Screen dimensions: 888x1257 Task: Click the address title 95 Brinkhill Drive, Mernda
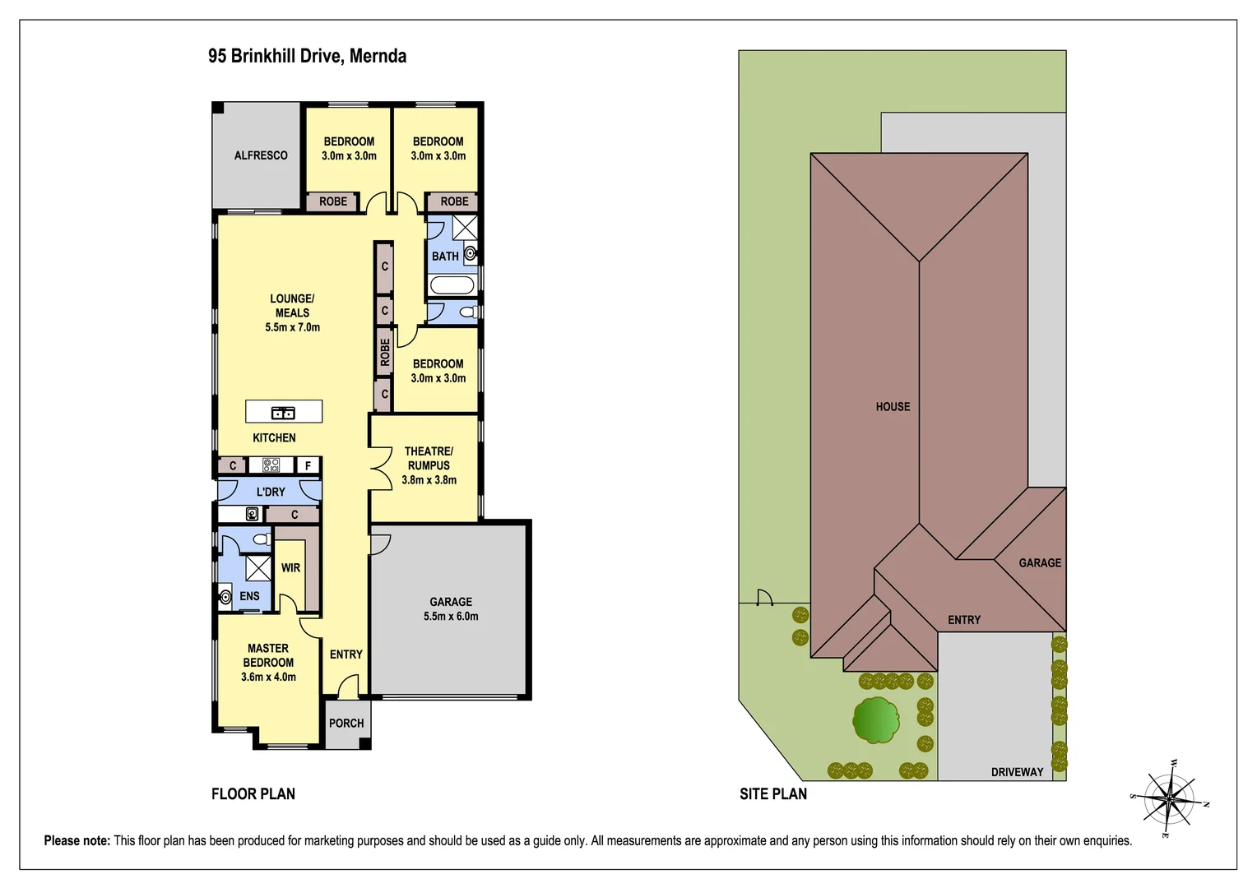click(x=307, y=56)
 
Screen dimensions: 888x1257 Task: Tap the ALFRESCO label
click(x=261, y=155)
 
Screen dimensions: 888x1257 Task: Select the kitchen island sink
click(x=283, y=412)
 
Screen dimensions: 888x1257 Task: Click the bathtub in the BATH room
click(x=452, y=285)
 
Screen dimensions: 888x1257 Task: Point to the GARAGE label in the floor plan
click(x=451, y=602)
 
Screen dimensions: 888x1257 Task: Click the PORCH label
click(x=346, y=724)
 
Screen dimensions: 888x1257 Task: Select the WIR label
click(x=290, y=568)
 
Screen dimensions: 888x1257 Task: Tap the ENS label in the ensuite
click(x=249, y=596)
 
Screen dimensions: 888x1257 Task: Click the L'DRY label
click(x=271, y=492)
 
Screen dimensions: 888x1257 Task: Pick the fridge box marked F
click(x=308, y=466)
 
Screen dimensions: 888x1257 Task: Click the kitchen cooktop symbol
click(x=271, y=465)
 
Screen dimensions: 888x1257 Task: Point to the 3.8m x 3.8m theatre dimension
click(x=429, y=480)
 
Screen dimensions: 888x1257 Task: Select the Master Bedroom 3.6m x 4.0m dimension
click(x=268, y=678)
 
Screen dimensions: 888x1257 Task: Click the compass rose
click(x=1169, y=798)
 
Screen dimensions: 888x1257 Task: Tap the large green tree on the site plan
click(x=875, y=720)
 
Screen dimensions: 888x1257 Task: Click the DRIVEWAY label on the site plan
click(x=1017, y=772)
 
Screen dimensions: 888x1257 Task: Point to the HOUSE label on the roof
click(x=893, y=407)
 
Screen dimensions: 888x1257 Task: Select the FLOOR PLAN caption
click(x=253, y=793)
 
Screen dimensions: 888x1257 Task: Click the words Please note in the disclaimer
click(x=77, y=840)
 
